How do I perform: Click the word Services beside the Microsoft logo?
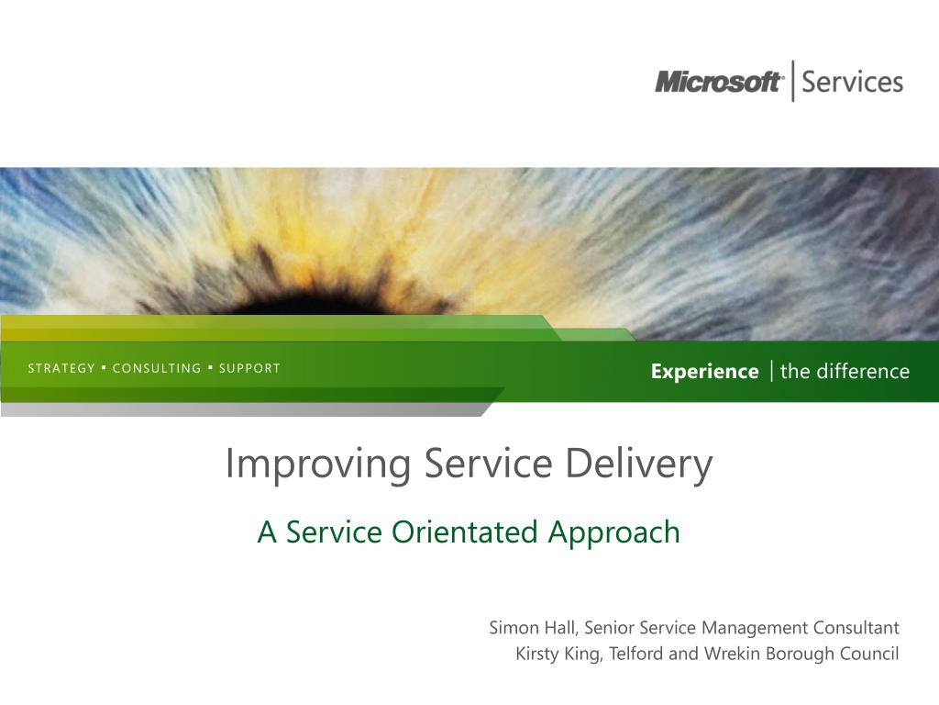852,82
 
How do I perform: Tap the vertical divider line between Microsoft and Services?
793,81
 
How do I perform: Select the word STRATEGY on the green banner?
61,368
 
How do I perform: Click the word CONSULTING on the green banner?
157,368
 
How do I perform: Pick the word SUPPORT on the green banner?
249,368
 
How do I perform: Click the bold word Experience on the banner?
705,372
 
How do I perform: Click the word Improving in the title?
318,464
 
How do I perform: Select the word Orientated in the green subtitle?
465,532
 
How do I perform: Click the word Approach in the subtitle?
613,533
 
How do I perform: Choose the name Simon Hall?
533,628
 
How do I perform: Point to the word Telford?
636,653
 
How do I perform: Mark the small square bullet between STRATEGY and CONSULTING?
105,366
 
